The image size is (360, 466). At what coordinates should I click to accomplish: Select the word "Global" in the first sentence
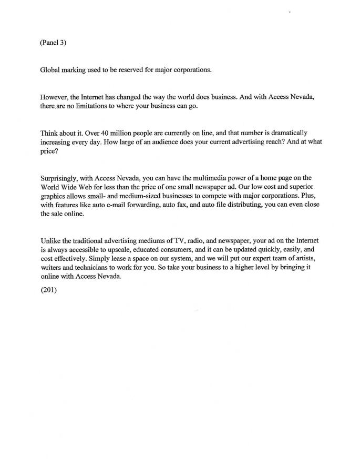[50, 70]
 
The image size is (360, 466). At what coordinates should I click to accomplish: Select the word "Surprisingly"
[60, 178]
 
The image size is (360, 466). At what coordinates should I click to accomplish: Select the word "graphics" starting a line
[53, 196]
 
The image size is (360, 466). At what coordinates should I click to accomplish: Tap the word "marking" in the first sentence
[76, 70]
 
